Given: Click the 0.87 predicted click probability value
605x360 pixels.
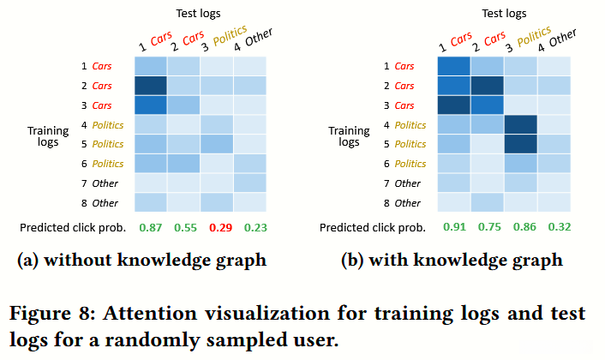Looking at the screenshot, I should pos(151,228).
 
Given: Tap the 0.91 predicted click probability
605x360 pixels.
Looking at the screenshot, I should pos(453,228).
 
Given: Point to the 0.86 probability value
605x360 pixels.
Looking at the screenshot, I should pos(521,228).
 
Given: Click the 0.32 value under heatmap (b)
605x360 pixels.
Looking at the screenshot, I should pos(554,228).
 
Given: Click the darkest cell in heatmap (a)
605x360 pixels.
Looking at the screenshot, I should pos(151,85).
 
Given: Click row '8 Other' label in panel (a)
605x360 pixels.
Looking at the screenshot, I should pos(101,203).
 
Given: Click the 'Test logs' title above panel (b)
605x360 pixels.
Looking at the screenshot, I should pos(503,14).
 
